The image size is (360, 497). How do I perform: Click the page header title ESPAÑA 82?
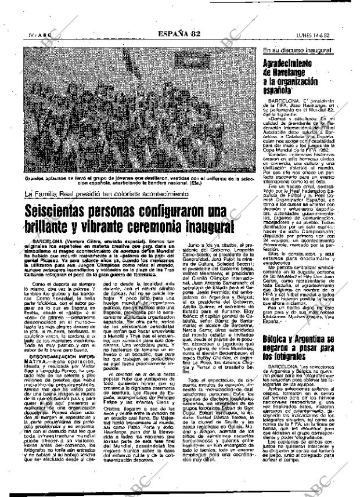click(179, 34)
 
